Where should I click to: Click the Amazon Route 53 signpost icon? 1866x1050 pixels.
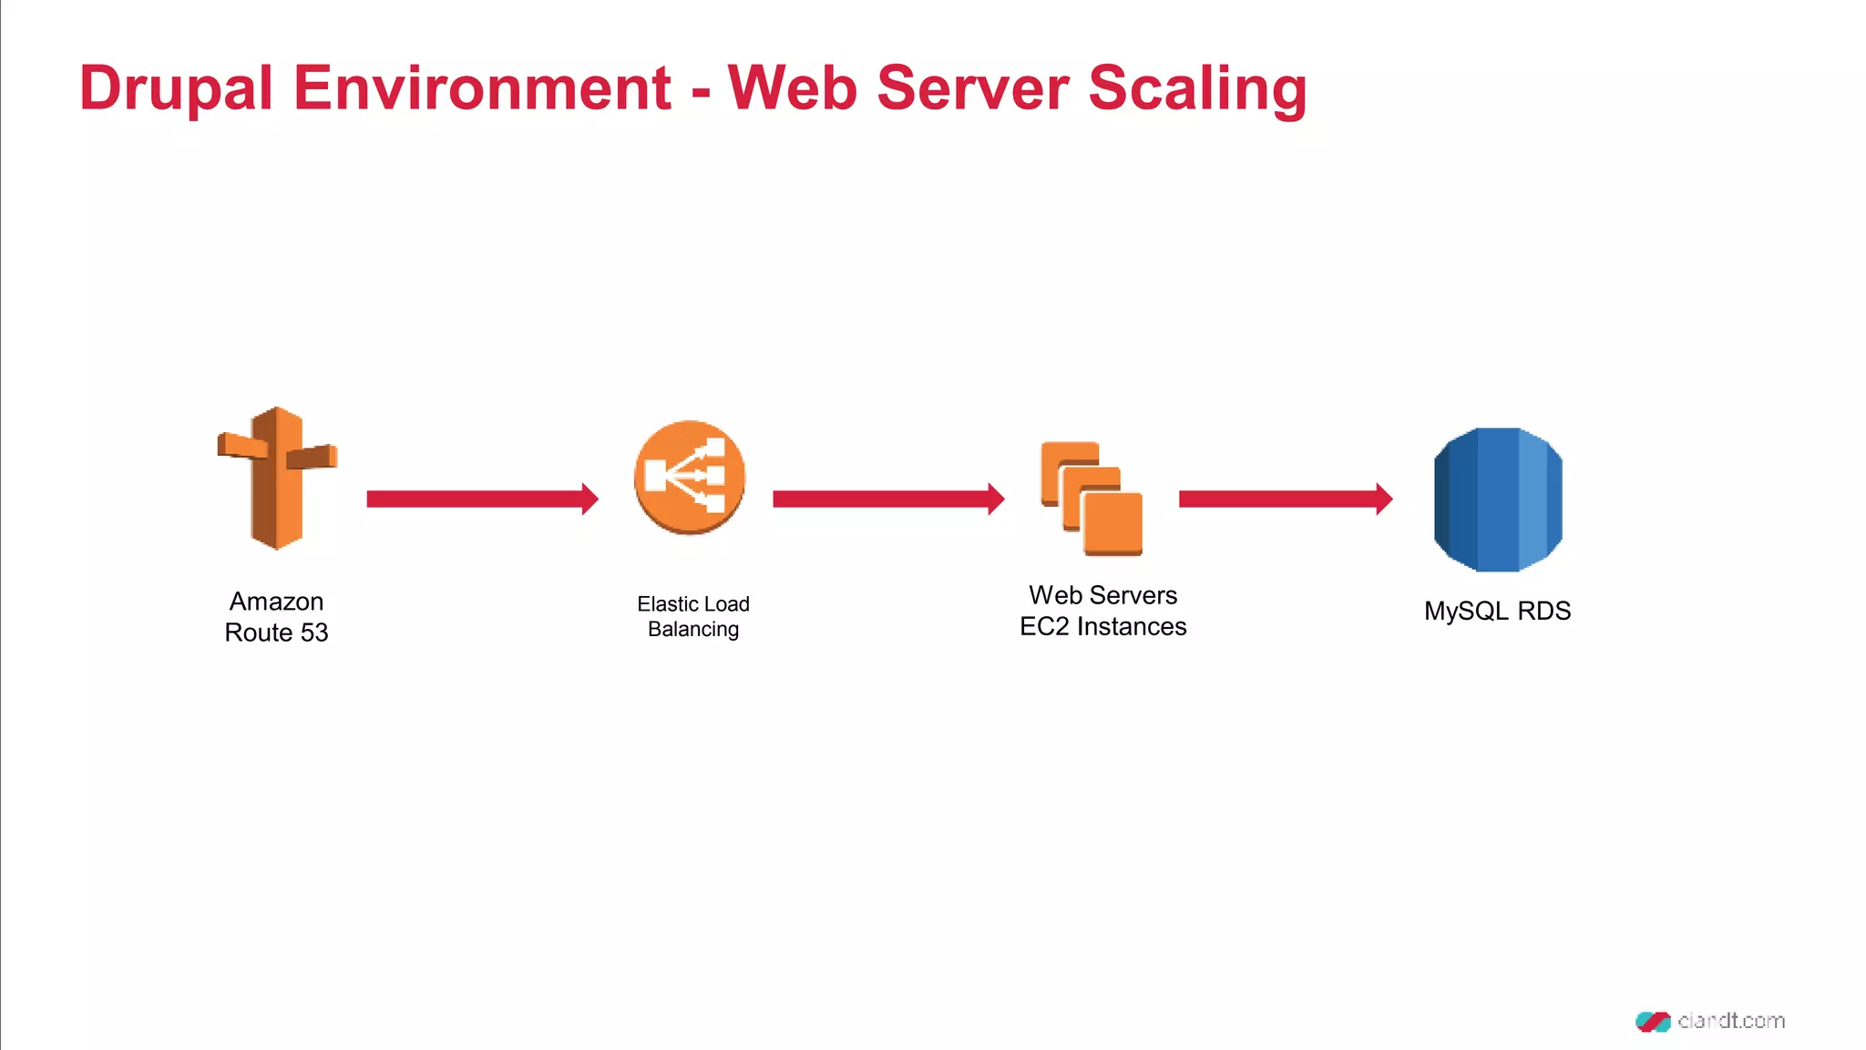277,479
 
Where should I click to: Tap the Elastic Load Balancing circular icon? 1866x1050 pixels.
690,478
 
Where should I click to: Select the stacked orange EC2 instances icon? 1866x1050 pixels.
1092,499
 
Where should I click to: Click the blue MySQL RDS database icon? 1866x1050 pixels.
1498,499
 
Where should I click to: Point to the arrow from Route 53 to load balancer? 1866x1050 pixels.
481,499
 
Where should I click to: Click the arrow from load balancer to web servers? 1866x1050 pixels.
887,499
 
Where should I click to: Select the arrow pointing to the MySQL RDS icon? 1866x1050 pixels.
1285,499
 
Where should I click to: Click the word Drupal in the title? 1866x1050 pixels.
176,89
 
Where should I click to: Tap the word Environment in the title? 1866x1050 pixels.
482,89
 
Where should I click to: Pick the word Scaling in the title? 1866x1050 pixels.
1197,89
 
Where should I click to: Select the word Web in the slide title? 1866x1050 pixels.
792,89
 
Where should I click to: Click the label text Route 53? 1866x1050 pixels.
276,633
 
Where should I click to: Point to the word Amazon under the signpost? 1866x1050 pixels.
276,602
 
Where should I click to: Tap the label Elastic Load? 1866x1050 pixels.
692,604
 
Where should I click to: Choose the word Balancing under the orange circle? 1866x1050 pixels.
692,629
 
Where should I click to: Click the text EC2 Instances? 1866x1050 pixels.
1102,627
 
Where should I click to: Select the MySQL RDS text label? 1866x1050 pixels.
1497,611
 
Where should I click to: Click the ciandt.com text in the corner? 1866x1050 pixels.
1730,1021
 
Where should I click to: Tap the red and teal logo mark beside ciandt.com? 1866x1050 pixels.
1653,1021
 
